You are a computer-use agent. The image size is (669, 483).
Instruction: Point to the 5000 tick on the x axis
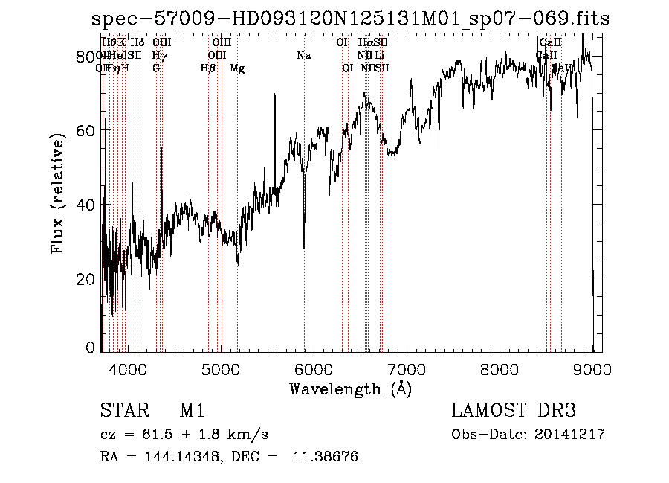click(221, 369)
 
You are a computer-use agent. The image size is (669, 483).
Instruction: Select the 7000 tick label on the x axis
click(407, 369)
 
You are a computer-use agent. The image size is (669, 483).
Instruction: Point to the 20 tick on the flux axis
click(87, 278)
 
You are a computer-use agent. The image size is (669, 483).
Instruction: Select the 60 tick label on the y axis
click(87, 130)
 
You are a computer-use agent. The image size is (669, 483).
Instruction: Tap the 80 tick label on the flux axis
click(87, 57)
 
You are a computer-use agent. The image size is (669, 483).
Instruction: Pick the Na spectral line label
click(303, 55)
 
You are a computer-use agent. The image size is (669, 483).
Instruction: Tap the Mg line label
click(237, 68)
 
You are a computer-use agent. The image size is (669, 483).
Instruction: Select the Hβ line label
click(208, 68)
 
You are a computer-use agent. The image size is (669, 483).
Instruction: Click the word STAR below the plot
click(120, 411)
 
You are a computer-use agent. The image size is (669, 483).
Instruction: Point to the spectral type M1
click(192, 411)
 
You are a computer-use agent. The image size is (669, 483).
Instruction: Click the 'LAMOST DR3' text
click(514, 411)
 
